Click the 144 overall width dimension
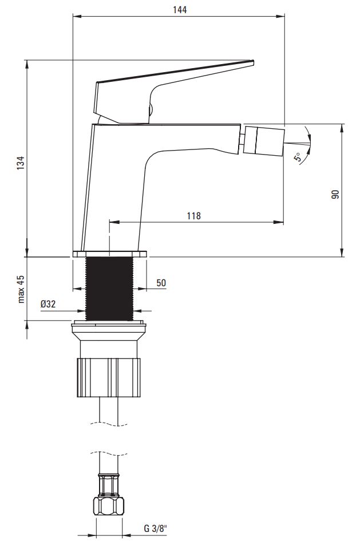tap(180, 10)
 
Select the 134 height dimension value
tap(22, 163)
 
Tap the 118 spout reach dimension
tap(193, 216)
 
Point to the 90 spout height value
tap(335, 194)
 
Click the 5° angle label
tap(298, 157)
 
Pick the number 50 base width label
tap(161, 283)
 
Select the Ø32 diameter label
tap(48, 304)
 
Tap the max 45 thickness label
tap(22, 289)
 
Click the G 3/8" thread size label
tap(155, 529)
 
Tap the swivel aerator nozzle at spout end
tap(264, 140)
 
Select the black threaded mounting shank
tap(109, 289)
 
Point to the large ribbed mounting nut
tap(109, 378)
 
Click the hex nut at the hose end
tap(109, 506)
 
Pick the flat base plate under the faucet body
tap(110, 254)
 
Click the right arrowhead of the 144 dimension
tap(280, 16)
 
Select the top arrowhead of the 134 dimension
tap(27, 65)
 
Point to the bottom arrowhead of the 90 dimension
tap(342, 252)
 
